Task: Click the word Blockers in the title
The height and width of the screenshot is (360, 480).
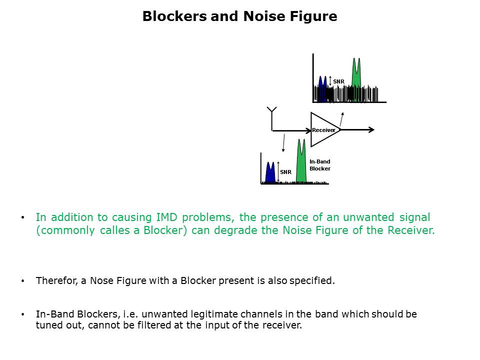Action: tap(174, 16)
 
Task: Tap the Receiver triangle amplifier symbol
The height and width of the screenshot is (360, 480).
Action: tap(323, 129)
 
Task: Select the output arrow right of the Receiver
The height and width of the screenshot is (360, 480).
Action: tap(358, 130)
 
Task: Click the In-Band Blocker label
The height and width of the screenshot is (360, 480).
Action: tap(319, 165)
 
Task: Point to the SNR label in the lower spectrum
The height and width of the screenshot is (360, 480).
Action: tap(285, 172)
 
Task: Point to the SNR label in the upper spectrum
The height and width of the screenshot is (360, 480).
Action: tap(338, 81)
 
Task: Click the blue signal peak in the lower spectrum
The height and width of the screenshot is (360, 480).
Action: tap(270, 172)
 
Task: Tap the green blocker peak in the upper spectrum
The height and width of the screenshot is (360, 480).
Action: tap(356, 75)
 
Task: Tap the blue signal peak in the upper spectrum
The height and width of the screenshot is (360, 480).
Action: tap(323, 87)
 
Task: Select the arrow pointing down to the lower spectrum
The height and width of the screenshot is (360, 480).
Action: tap(283, 142)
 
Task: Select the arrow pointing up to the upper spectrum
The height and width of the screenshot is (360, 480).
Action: tap(342, 119)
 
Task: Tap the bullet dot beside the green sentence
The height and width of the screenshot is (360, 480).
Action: tap(22, 218)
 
